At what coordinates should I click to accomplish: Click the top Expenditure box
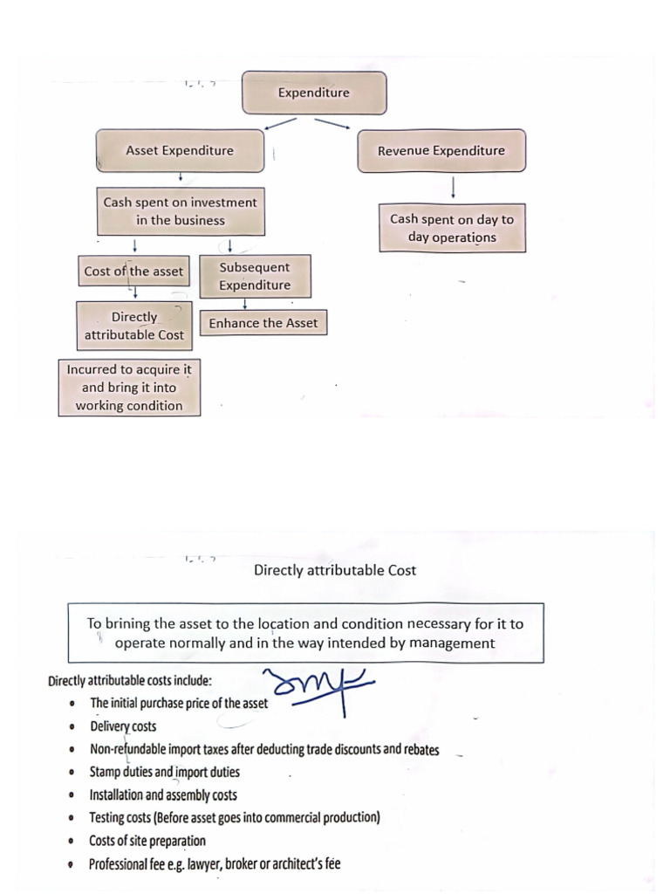(313, 93)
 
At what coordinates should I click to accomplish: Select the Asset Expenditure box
(180, 150)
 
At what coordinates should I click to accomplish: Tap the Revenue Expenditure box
(441, 150)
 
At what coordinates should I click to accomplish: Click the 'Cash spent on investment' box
(180, 211)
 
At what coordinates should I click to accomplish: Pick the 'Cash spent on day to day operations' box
(452, 229)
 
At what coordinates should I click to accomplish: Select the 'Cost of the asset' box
(133, 271)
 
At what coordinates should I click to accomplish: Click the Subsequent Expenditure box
(255, 276)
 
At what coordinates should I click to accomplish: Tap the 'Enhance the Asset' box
(263, 323)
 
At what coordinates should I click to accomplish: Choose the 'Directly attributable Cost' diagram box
(134, 326)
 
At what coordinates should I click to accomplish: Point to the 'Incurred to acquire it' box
(129, 387)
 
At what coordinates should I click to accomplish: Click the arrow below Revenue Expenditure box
(454, 187)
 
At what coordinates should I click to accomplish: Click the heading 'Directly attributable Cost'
(335, 570)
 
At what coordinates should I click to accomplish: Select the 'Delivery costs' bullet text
(123, 726)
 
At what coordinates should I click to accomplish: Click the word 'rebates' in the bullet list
(421, 749)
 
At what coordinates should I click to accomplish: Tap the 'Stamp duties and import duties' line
(164, 772)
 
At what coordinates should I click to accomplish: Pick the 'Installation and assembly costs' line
(163, 794)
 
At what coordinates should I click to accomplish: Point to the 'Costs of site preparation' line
(147, 841)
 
